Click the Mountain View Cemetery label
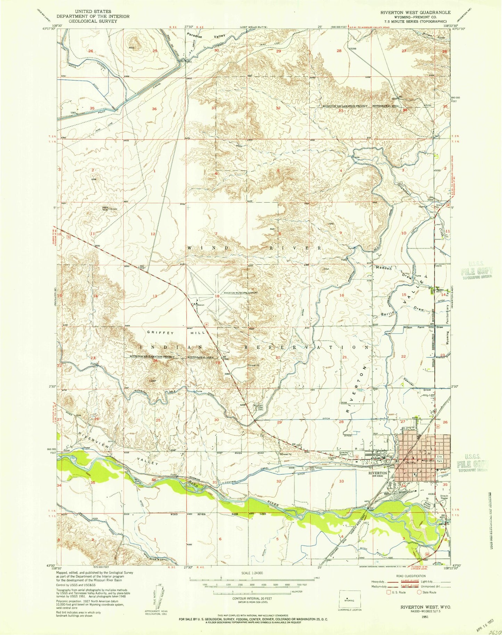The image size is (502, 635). (x=259, y=407)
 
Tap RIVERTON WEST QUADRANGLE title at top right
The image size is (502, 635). (x=415, y=12)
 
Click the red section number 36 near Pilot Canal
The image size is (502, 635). (x=154, y=109)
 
